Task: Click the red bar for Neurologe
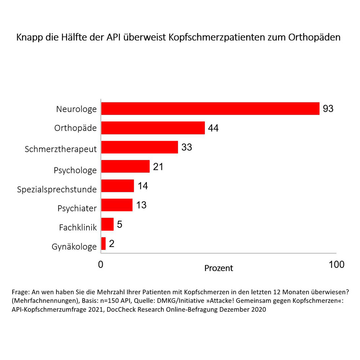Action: click(x=210, y=108)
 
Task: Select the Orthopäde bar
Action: click(x=153, y=128)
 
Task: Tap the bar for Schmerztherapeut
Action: click(x=140, y=147)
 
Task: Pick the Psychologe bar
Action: click(x=125, y=167)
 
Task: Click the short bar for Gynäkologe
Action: click(x=104, y=244)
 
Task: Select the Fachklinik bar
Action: click(x=108, y=224)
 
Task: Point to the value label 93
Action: click(x=328, y=108)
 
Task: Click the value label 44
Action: click(x=213, y=128)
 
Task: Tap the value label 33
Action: click(x=186, y=147)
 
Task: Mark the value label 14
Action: click(x=143, y=186)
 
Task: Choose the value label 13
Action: click(x=141, y=205)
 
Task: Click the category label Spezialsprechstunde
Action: click(x=57, y=189)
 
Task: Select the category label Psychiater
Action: click(x=77, y=208)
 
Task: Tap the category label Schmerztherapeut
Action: click(x=61, y=149)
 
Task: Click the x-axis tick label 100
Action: click(x=337, y=265)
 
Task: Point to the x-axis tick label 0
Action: click(x=101, y=265)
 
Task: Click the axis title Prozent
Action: click(x=219, y=268)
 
